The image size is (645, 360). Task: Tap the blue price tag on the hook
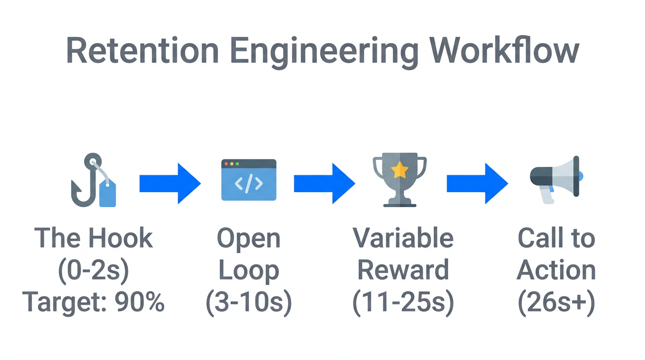pyautogui.click(x=107, y=194)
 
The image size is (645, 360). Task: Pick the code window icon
pyautogui.click(x=248, y=180)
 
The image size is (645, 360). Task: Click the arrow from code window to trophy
pyautogui.click(x=324, y=183)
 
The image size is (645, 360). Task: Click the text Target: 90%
pyautogui.click(x=93, y=302)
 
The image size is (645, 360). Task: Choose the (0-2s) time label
pyautogui.click(x=93, y=270)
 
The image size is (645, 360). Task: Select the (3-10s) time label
pyautogui.click(x=248, y=302)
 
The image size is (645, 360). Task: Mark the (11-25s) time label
pyautogui.click(x=403, y=302)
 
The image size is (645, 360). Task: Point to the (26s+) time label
pyautogui.click(x=556, y=302)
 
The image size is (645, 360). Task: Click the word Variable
pyautogui.click(x=403, y=238)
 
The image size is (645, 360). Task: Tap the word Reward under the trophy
pyautogui.click(x=403, y=270)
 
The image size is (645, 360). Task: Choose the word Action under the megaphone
pyautogui.click(x=556, y=270)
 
